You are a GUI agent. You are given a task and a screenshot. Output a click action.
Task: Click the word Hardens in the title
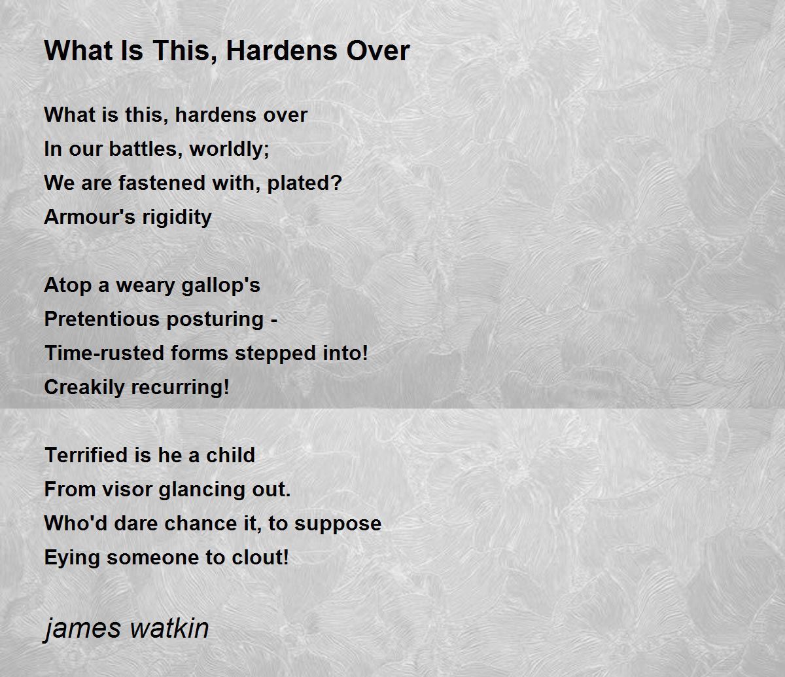[281, 50]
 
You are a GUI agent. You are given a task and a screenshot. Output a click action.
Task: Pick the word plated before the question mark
[299, 183]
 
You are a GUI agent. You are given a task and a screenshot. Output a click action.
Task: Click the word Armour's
[90, 217]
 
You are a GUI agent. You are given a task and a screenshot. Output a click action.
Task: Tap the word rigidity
[177, 217]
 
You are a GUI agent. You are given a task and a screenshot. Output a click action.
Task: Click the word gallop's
[220, 286]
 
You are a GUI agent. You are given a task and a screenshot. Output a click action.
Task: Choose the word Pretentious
[102, 319]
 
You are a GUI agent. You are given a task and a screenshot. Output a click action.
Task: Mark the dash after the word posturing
[274, 320]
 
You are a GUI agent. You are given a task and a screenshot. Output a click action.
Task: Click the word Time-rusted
[104, 353]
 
